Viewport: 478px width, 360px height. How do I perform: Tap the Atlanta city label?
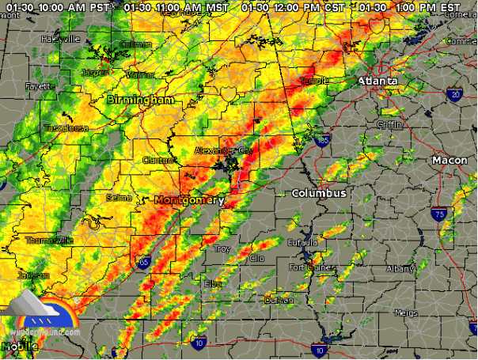point(377,81)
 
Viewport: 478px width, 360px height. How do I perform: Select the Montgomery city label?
point(189,200)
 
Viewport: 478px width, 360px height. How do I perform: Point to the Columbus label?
point(318,193)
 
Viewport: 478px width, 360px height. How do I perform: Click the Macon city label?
point(450,161)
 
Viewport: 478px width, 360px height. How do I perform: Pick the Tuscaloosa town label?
point(64,127)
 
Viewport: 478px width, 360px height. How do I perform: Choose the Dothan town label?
point(279,301)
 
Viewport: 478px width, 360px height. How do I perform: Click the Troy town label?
point(222,249)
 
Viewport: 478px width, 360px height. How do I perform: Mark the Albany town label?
point(400,270)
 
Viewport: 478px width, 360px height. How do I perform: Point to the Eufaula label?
point(302,242)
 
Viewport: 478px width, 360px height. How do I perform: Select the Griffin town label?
point(389,123)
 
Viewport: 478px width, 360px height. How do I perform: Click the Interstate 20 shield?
point(455,95)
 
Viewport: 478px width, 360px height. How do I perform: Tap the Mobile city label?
point(17,346)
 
